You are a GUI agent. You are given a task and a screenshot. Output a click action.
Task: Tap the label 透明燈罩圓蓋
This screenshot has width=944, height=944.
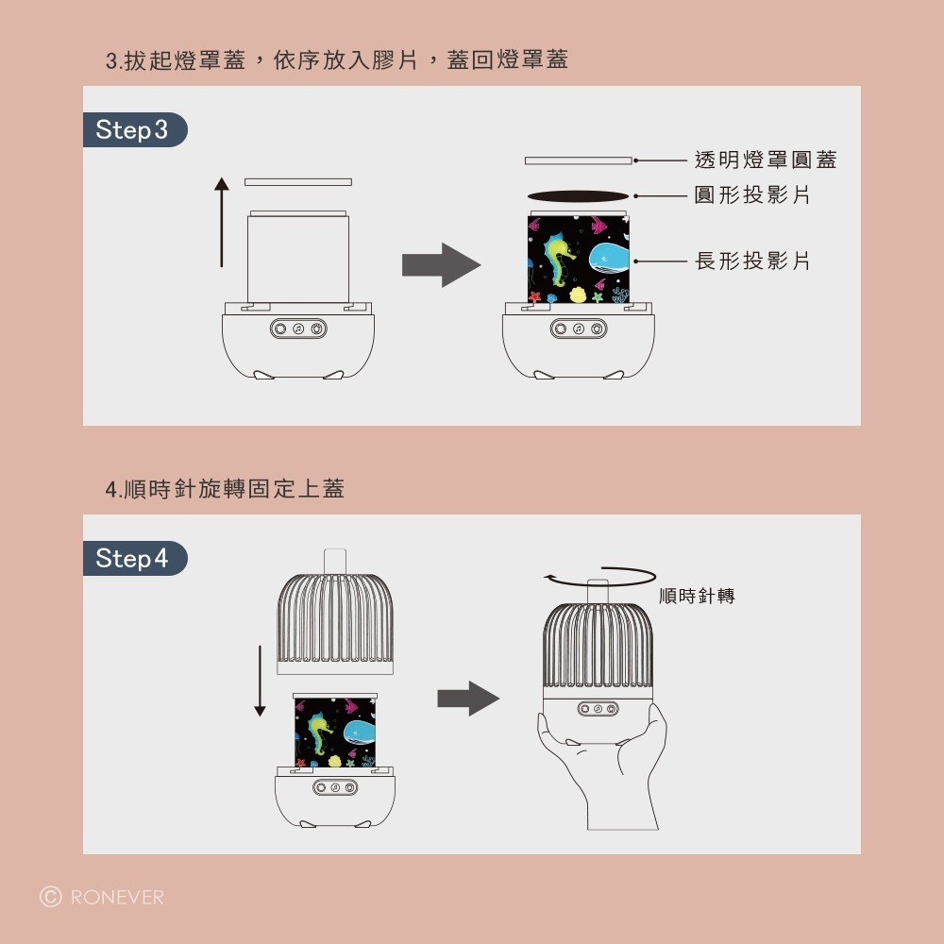pyautogui.click(x=765, y=160)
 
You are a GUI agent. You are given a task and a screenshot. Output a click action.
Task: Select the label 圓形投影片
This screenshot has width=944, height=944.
pyautogui.click(x=752, y=195)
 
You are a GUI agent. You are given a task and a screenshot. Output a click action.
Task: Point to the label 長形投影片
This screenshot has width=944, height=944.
pyautogui.click(x=752, y=261)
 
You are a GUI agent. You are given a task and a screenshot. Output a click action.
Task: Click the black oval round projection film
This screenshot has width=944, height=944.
pyautogui.click(x=578, y=196)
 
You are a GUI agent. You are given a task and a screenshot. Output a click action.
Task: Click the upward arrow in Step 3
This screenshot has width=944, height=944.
pyautogui.click(x=222, y=222)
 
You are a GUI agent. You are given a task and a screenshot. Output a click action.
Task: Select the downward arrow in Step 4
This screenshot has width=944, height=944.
pyautogui.click(x=260, y=680)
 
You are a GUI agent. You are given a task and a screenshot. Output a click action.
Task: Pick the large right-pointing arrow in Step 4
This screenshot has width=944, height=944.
pyautogui.click(x=468, y=699)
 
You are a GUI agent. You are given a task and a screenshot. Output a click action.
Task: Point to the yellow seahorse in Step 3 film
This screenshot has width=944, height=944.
pyautogui.click(x=560, y=260)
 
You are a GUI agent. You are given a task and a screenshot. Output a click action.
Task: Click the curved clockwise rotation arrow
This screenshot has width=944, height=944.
pyautogui.click(x=600, y=576)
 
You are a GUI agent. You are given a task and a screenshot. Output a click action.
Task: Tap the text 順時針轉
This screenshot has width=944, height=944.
pyautogui.click(x=697, y=597)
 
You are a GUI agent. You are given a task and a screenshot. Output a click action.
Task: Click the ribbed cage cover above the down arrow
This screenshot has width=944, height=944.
pyautogui.click(x=335, y=623)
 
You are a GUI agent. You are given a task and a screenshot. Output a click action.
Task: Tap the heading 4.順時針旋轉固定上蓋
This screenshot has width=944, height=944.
pyautogui.click(x=225, y=489)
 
